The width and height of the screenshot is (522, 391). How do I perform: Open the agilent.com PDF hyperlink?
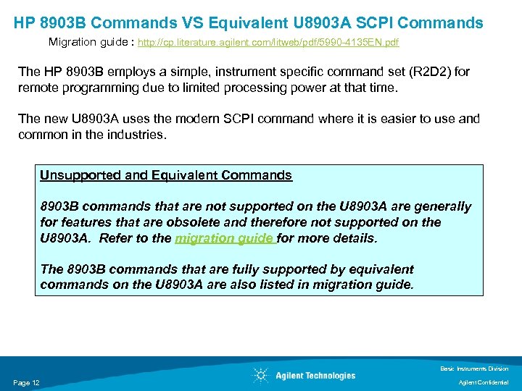(268, 43)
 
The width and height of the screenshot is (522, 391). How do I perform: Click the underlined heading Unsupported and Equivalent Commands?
(166, 175)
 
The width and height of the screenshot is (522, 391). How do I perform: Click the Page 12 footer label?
(26, 382)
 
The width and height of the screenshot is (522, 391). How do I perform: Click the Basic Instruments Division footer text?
(474, 369)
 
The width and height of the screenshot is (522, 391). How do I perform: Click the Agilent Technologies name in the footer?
(315, 375)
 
